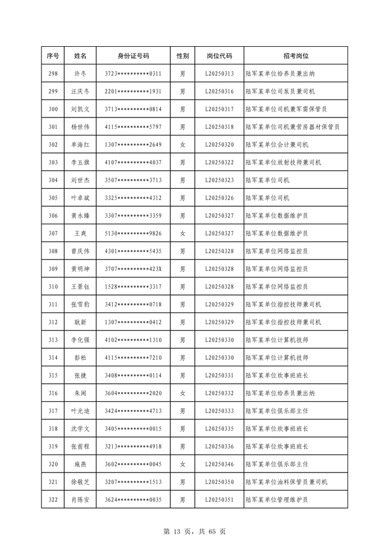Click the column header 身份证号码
133,56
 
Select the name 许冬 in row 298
80,74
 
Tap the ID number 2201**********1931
133,91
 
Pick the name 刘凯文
80,109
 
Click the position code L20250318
219,127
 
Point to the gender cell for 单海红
182,144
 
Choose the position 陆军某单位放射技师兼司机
283,162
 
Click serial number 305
53,197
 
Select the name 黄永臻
80,215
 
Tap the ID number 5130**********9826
133,233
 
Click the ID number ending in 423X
133,268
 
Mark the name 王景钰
80,286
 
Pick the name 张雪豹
80,304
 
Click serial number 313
53,339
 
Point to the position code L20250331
219,375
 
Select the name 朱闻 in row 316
80,393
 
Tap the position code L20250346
219,463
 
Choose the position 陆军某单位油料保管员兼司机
287,481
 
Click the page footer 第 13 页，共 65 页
195,531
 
